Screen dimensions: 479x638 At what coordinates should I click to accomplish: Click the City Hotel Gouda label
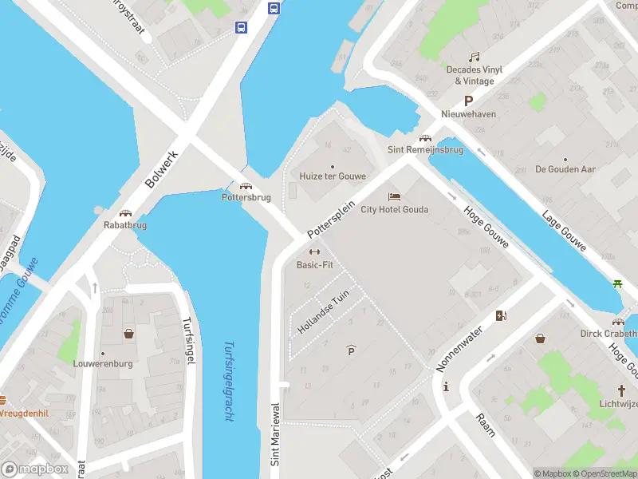tap(394, 210)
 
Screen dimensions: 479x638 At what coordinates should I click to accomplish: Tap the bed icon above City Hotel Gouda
tap(393, 196)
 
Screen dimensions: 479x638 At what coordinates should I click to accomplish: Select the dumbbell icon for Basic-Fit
tap(314, 252)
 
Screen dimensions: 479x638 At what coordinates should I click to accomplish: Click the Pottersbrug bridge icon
tap(246, 185)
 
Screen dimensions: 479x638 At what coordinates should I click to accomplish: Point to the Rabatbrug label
tap(125, 225)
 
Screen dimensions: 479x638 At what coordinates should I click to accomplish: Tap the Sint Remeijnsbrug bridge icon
tap(425, 137)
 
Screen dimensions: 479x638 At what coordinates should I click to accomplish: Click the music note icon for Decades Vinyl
tap(475, 57)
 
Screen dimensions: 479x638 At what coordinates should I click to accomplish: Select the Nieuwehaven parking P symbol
tap(469, 101)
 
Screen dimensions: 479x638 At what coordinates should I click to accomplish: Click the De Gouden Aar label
tap(565, 169)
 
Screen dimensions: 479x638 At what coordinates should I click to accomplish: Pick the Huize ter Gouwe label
tap(333, 176)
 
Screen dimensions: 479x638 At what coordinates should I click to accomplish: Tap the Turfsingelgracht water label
tap(229, 382)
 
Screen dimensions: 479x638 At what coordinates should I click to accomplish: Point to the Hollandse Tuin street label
tap(324, 312)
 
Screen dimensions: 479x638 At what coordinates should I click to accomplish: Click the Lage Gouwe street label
tap(564, 230)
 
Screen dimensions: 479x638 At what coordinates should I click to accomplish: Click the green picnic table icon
tap(618, 283)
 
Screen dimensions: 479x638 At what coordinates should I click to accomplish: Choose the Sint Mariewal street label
tap(275, 445)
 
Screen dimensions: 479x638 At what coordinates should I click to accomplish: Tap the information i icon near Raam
tap(445, 386)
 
